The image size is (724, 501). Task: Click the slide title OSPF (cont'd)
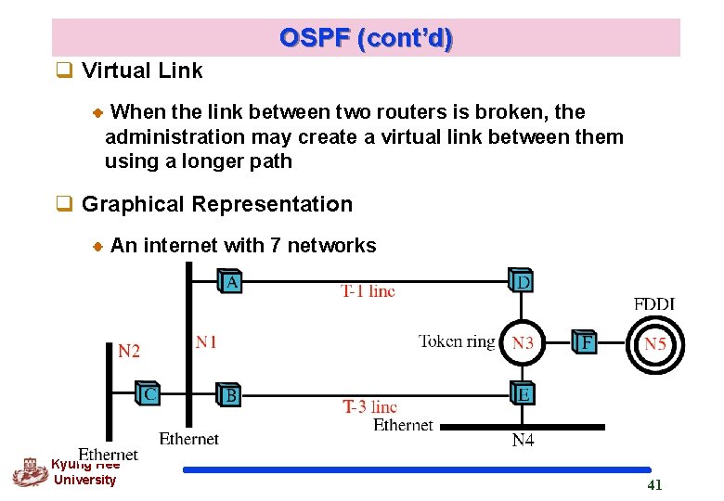[366, 39]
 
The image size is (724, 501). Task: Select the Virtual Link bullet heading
[141, 71]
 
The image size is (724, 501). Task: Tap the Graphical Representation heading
[216, 204]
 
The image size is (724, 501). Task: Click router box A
[230, 281]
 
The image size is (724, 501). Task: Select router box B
[229, 394]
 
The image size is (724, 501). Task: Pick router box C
[148, 393]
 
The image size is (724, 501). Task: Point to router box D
[523, 280]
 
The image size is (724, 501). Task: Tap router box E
[523, 393]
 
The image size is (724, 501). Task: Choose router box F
[584, 342]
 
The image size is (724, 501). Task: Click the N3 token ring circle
[523, 342]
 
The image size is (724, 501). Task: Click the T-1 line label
[368, 291]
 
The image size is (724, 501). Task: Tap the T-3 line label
[369, 406]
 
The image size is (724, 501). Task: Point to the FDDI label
[653, 303]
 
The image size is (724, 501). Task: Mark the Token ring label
[457, 341]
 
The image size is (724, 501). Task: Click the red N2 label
[129, 351]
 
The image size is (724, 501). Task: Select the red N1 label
[206, 342]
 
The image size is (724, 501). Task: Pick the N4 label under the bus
[523, 440]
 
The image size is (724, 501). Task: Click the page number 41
[654, 485]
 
